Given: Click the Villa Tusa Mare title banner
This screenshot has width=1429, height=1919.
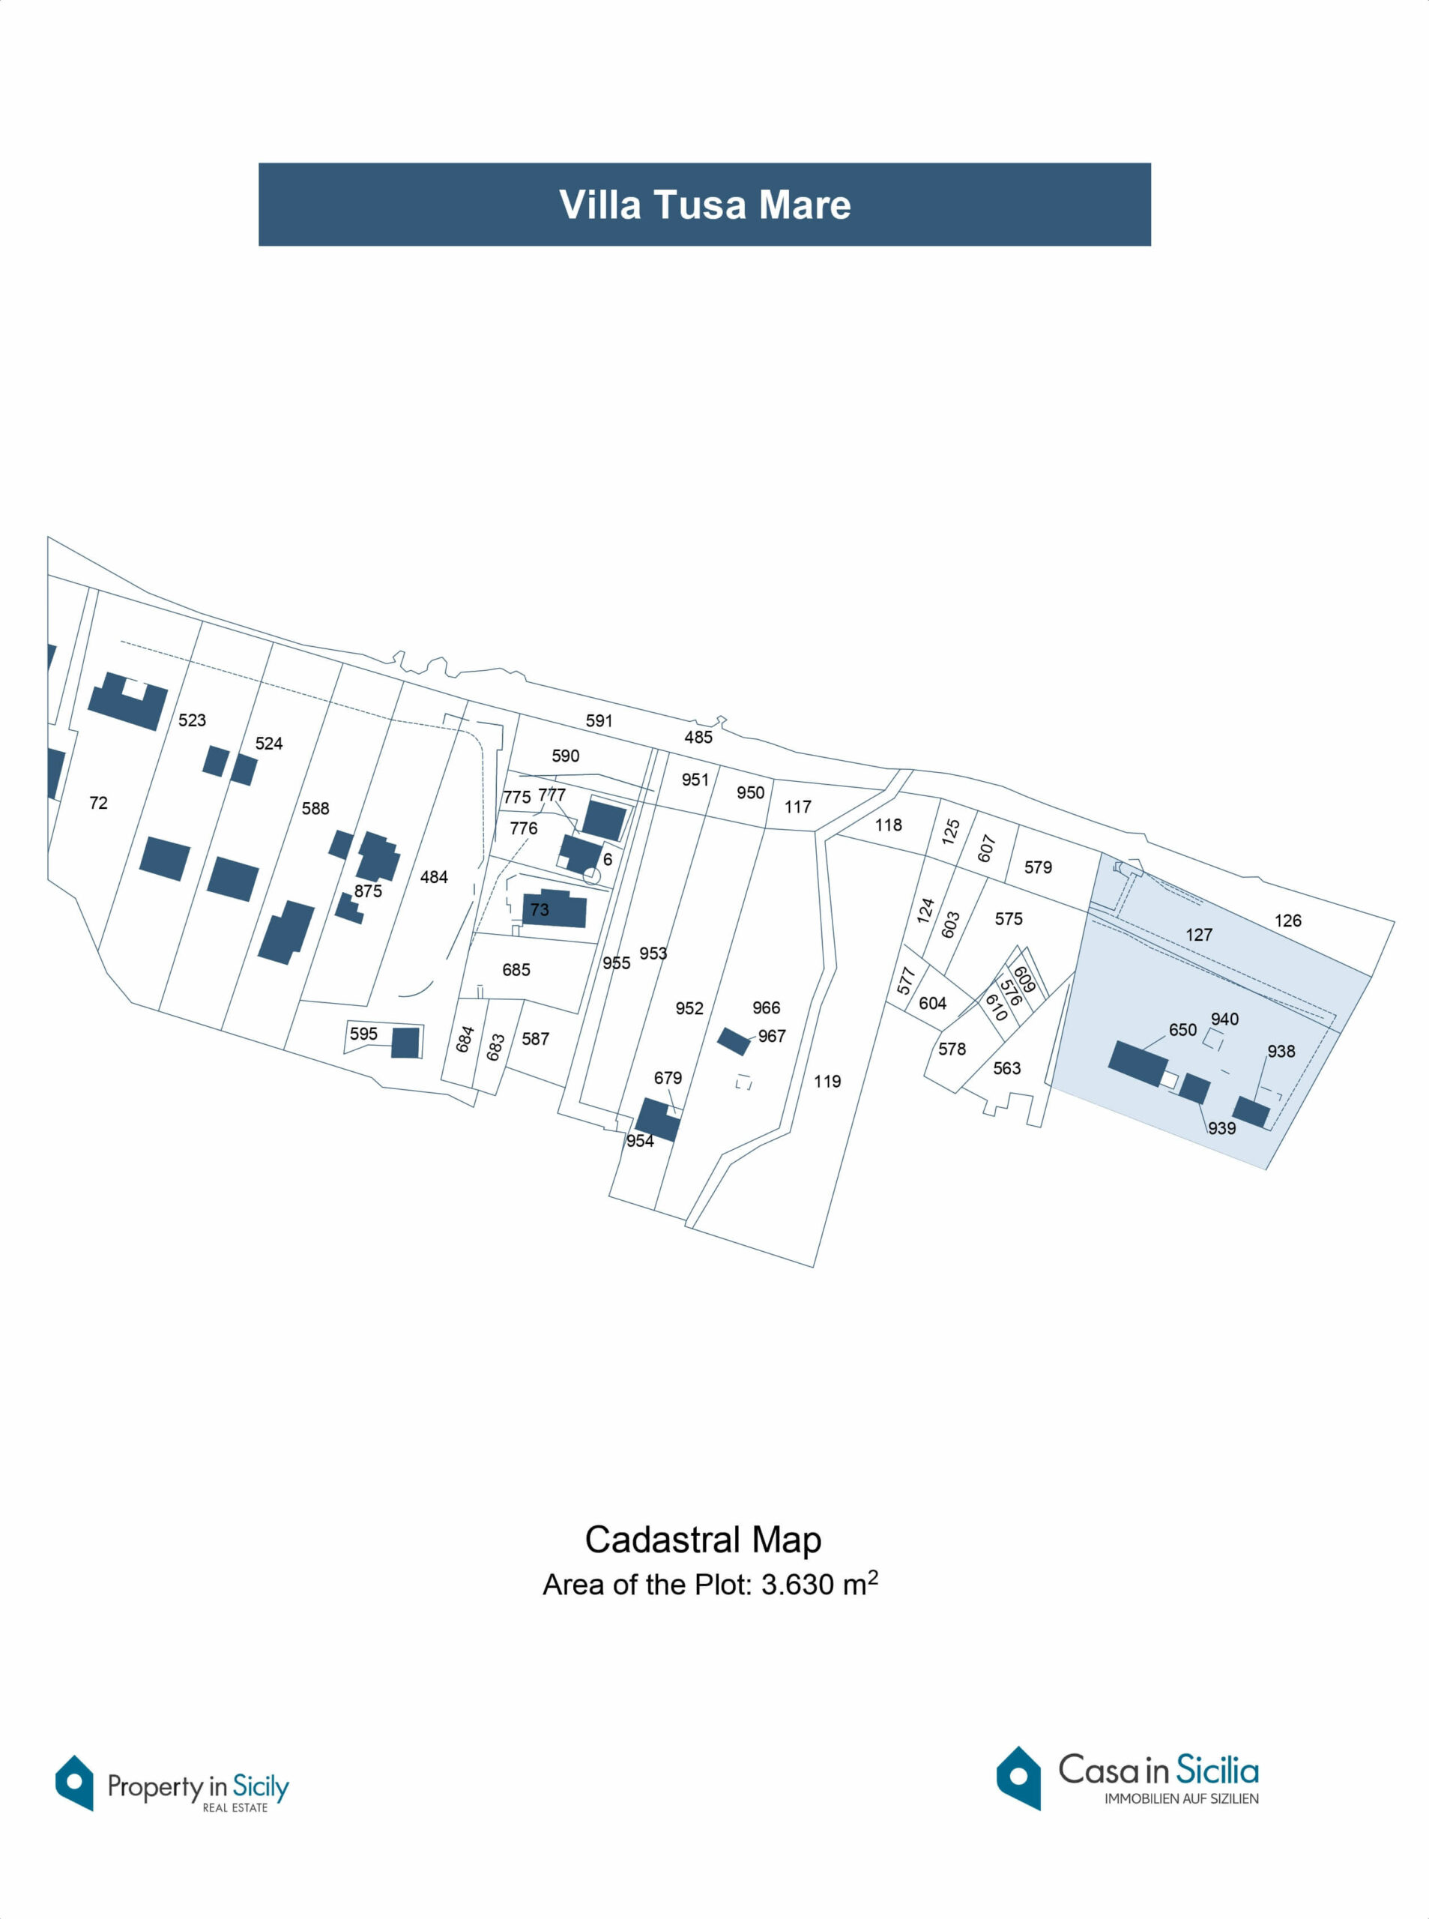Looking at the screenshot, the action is [x=704, y=204].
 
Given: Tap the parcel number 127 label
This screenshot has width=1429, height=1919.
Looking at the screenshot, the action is [x=1199, y=935].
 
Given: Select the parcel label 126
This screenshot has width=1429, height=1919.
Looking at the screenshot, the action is [x=1288, y=921].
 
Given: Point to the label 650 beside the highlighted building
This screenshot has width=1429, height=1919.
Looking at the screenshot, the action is [x=1182, y=1029].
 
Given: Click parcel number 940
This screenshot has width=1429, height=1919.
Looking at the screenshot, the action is [x=1225, y=1019].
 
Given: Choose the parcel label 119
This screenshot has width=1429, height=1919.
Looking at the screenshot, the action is [x=827, y=1082].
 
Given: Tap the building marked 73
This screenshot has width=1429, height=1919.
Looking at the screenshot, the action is [x=554, y=909].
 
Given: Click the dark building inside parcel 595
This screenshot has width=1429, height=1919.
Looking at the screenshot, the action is [x=405, y=1043].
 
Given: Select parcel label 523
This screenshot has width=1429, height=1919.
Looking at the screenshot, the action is [x=192, y=720].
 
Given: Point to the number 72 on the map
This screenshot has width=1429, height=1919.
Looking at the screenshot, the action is [x=99, y=803].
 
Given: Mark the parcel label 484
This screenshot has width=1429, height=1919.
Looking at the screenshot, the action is [x=434, y=877].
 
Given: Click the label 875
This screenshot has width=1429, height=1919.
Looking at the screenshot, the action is [x=368, y=891].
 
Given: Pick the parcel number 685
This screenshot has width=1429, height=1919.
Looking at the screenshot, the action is [x=516, y=970].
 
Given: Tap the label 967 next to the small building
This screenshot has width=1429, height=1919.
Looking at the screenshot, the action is [x=772, y=1036].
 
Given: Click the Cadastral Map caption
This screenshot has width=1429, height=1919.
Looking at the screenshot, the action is [x=703, y=1539].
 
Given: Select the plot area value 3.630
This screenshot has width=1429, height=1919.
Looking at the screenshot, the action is [x=798, y=1585].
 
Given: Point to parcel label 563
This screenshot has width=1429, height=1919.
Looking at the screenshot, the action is [x=1007, y=1068].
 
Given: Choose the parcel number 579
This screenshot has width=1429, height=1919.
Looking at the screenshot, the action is [x=1038, y=867].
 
